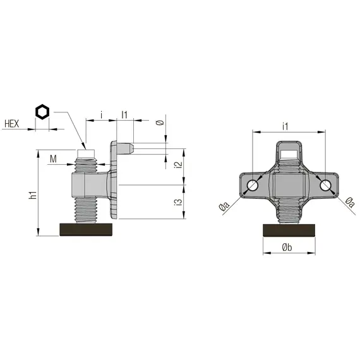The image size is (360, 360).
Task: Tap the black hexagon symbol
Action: point(42,112)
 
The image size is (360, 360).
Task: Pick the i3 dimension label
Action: point(179,202)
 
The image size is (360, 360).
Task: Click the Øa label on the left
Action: point(224,206)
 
